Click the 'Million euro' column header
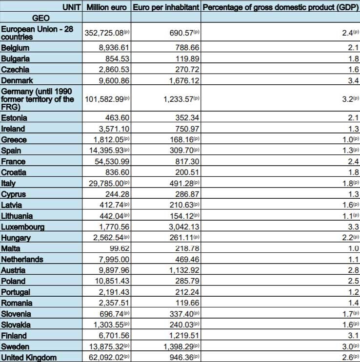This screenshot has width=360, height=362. pos(106,7)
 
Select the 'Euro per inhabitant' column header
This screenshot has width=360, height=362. pos(166,7)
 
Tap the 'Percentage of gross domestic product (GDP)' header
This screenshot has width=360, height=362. pos(280,7)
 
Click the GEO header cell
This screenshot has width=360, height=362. pos(41,18)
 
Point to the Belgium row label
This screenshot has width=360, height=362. pos(15,48)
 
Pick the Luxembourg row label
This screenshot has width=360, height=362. pos(23,227)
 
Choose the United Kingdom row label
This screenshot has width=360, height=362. pos(29,358)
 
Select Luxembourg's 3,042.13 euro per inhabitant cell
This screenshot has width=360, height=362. pos(180,227)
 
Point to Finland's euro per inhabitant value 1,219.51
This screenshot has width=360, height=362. pos(180,336)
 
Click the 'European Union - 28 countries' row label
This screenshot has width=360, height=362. pos(37,33)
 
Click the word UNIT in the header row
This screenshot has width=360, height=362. pos(72,7)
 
